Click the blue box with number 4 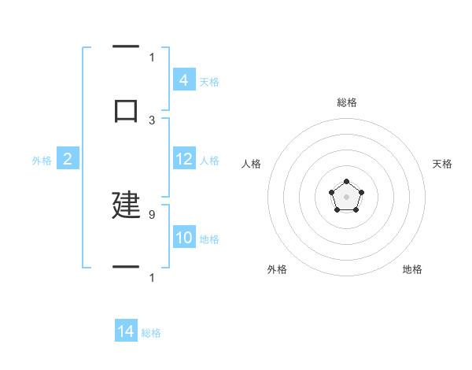pos(183,80)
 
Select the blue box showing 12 pos(183,160)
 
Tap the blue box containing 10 pos(183,239)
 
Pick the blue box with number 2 pos(68,160)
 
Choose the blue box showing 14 pos(126,332)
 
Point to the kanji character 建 pos(126,204)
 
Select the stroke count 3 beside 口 pos(152,120)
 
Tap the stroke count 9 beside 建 pos(152,214)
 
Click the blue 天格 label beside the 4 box pos(209,81)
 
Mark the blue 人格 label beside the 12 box pos(209,161)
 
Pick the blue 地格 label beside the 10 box pos(209,239)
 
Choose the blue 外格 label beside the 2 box pos(42,161)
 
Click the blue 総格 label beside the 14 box pos(151,333)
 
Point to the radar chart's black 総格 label pos(346,102)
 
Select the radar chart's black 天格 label pos(443,164)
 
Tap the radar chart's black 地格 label pos(412,269)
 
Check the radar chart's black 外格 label pos(277,269)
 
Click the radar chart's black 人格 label pos(251,164)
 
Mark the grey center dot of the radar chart pos(346,196)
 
